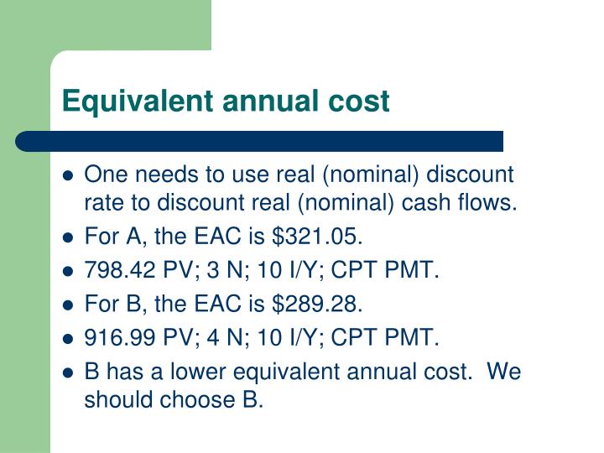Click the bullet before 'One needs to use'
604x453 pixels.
(x=69, y=176)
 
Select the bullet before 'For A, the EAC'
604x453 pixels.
(x=69, y=238)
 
